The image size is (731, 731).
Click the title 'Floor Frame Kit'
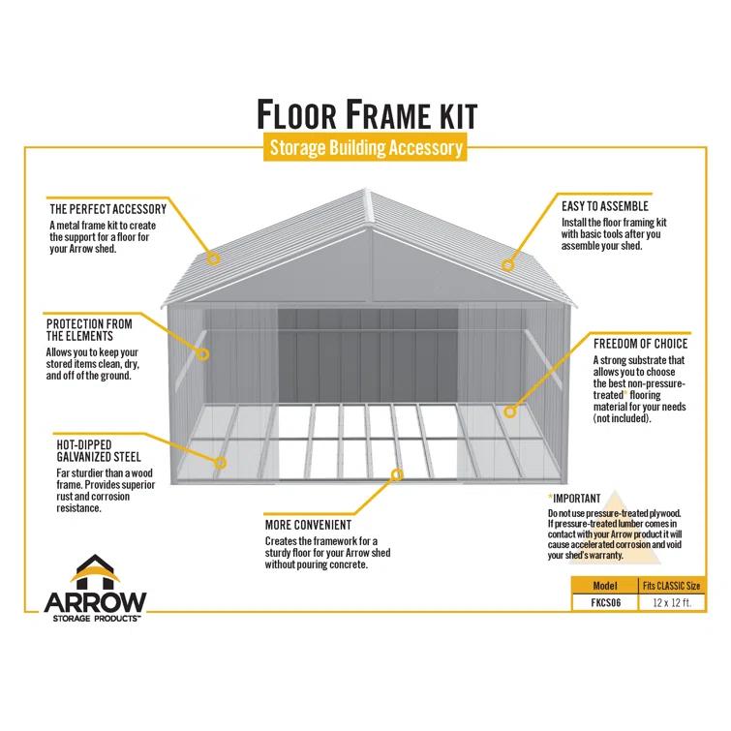click(366, 113)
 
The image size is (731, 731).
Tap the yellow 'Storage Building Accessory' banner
click(365, 148)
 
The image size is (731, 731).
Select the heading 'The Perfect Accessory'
click(107, 208)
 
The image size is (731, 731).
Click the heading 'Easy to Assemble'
click(604, 206)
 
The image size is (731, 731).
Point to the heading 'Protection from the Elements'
click(88, 329)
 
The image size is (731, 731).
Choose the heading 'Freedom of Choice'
click(640, 344)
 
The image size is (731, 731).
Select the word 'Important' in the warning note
click(577, 499)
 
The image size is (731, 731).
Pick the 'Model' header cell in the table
click(604, 586)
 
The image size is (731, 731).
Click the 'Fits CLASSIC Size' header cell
click(671, 586)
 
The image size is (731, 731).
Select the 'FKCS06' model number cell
click(604, 602)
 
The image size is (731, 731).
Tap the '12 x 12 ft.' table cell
click(671, 602)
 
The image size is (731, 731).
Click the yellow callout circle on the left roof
click(214, 259)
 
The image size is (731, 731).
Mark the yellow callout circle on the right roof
click(506, 263)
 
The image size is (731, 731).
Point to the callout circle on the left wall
click(204, 354)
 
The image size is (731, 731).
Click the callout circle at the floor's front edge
click(396, 473)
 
